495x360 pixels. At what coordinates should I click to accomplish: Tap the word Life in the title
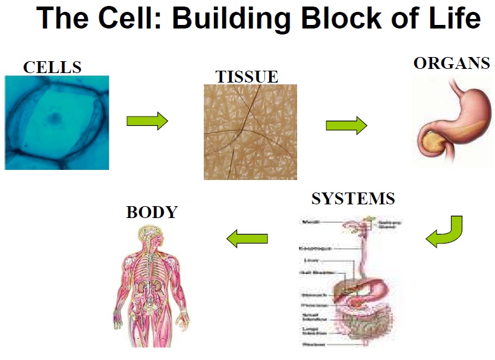coord(456,19)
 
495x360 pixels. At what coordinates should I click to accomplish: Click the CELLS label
coord(52,67)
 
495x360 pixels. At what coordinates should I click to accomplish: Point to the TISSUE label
coord(247,77)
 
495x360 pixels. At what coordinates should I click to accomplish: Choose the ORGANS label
coord(452,63)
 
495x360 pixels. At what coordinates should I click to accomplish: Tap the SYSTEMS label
coord(353,198)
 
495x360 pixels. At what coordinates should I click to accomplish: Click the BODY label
coord(152,212)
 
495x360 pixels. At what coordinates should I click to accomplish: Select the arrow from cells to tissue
coord(147,121)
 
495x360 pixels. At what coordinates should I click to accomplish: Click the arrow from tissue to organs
coord(346,125)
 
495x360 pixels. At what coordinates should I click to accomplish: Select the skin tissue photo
coord(250,131)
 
